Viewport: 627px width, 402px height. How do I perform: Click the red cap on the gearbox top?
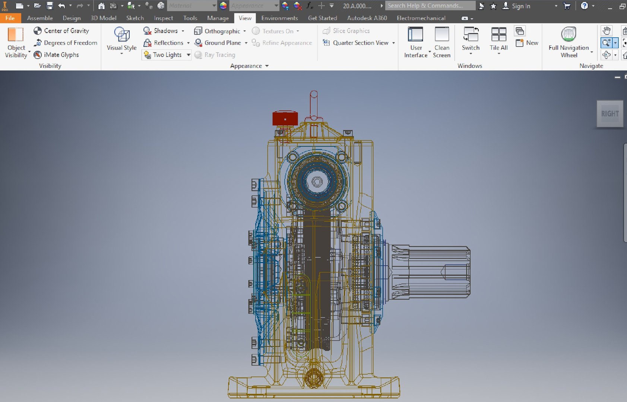(x=285, y=118)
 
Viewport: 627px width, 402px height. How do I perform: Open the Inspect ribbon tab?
(x=163, y=18)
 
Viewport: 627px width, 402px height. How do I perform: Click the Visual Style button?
(x=121, y=39)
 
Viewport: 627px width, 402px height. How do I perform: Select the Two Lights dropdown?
(x=167, y=55)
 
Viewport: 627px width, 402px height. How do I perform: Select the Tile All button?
(x=498, y=39)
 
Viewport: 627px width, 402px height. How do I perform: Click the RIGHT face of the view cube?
(x=609, y=114)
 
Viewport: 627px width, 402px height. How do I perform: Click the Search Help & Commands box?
(x=430, y=6)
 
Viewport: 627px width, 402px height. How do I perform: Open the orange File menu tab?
(x=10, y=18)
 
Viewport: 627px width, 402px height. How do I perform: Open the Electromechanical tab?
(x=421, y=18)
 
